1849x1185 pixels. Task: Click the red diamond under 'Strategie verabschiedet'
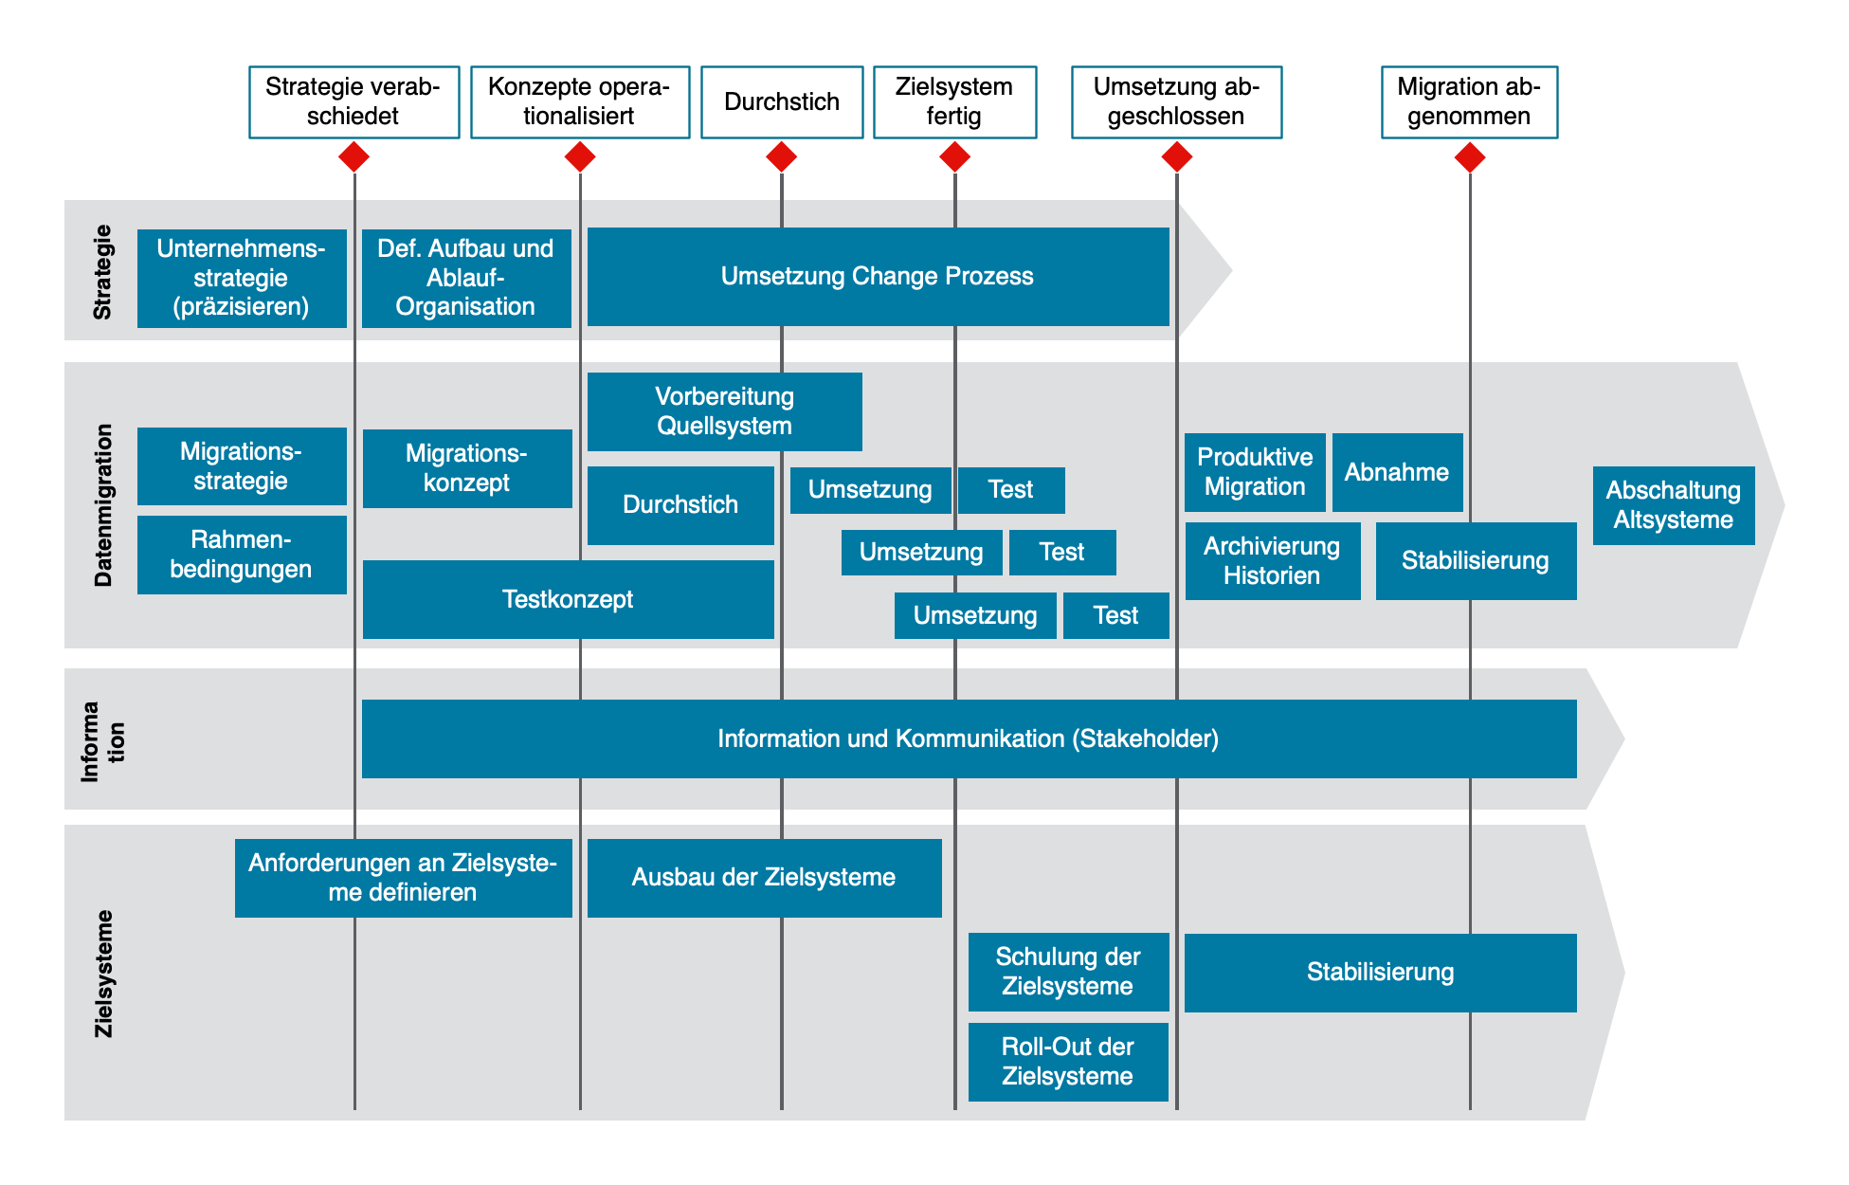pos(353,156)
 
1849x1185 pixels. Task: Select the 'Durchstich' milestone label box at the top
pos(782,102)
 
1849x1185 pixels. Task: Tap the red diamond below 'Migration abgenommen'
pos(1469,156)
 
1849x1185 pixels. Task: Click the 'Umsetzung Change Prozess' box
pos(878,277)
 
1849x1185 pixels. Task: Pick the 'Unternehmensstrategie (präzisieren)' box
pos(242,278)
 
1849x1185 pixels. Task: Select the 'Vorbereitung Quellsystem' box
pos(724,411)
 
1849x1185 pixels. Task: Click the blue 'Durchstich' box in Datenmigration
pos(680,505)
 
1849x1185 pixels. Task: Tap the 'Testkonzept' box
pos(568,599)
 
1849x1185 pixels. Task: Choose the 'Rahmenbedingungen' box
pos(242,555)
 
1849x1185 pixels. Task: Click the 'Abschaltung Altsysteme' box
pos(1673,505)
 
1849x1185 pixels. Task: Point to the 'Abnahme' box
pos(1397,472)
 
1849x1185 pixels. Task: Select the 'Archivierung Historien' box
pos(1272,561)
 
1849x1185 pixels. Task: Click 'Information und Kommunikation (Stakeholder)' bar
pos(969,738)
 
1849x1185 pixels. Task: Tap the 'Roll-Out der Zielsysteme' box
pos(1067,1062)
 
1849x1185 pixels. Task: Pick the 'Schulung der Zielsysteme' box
pos(1067,972)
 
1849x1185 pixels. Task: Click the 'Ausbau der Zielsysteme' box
pos(764,878)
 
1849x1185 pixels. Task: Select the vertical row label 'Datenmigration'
pos(103,505)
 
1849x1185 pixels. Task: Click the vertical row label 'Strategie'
pos(102,272)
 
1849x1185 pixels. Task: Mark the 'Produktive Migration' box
pos(1255,472)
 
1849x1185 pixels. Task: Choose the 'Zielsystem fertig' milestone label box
pos(954,102)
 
